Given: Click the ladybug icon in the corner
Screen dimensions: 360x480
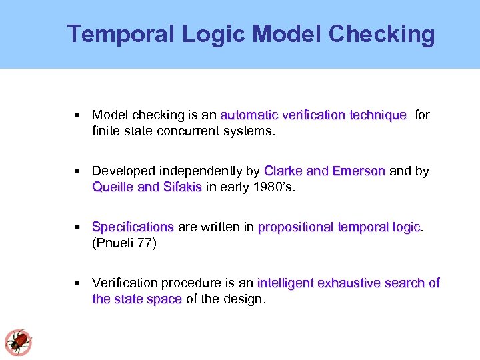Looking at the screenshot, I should pyautogui.click(x=18, y=342).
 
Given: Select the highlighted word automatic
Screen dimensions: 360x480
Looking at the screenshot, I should pyautogui.click(x=249, y=115).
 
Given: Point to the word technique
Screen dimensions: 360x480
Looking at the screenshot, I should pyautogui.click(x=377, y=115).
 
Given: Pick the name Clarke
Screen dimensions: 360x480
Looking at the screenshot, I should pyautogui.click(x=283, y=171).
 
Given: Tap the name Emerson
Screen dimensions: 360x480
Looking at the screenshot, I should pyautogui.click(x=359, y=171).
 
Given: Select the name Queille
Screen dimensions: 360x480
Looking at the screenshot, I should pyautogui.click(x=113, y=187).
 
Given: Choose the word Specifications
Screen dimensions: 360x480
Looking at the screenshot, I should pyautogui.click(x=133, y=227).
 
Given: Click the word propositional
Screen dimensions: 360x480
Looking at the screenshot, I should pyautogui.click(x=296, y=227).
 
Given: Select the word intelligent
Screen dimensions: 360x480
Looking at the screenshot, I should pyautogui.click(x=286, y=283).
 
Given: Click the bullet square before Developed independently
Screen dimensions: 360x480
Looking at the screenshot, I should pyautogui.click(x=79, y=171).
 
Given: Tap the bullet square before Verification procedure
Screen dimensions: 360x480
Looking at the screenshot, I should pyautogui.click(x=79, y=283).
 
